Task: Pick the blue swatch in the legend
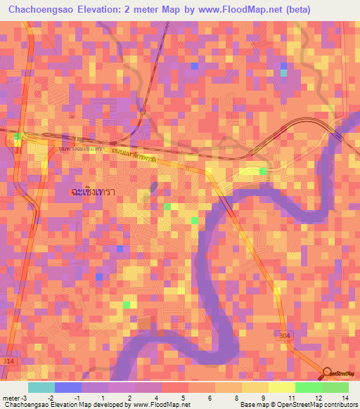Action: [x=67, y=387]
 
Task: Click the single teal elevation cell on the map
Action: [x=283, y=73]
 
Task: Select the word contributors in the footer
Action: [x=339, y=405]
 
